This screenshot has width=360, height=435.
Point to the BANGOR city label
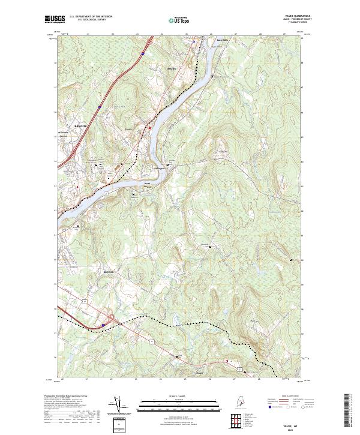coord(80,126)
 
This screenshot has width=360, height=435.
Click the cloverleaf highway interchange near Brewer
coord(110,319)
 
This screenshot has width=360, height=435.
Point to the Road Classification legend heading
coord(290,397)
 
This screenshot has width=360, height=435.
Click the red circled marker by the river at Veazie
coord(150,127)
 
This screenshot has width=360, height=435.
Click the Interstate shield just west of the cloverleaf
coord(103,325)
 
